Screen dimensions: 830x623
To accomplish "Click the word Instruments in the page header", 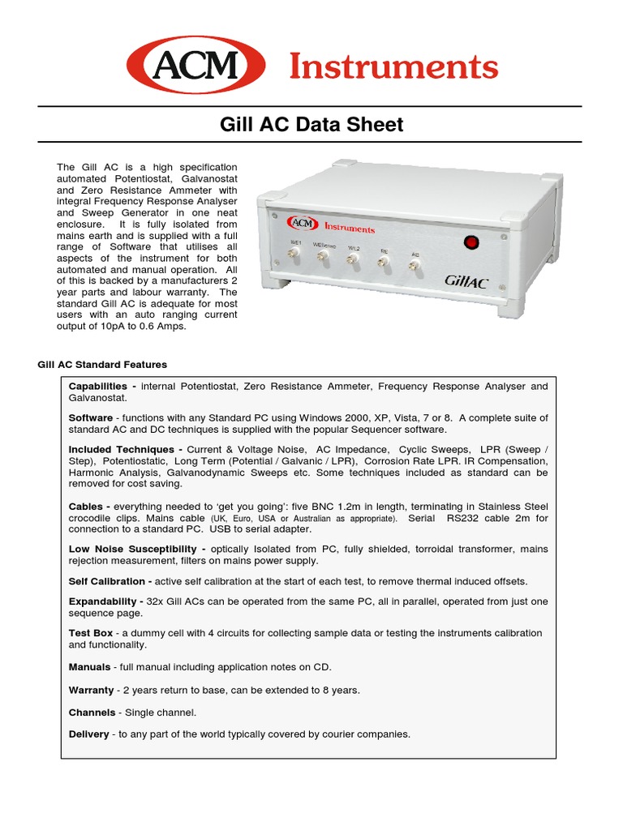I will (x=393, y=66).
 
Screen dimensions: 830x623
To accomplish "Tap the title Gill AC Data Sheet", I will (x=311, y=125).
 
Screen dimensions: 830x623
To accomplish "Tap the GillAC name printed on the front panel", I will (x=466, y=280).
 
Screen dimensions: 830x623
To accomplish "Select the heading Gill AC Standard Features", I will (x=102, y=365).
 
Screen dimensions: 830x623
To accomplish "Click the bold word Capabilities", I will (x=98, y=387).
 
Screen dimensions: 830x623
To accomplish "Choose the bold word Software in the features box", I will (x=90, y=418).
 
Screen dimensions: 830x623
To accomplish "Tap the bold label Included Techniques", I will (x=121, y=449).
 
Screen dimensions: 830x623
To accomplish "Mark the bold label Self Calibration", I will (x=108, y=581).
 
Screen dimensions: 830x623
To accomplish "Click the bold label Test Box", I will (x=90, y=633).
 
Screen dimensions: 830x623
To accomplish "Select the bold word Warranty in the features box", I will (x=91, y=691).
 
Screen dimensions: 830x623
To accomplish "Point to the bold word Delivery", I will (x=88, y=734).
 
